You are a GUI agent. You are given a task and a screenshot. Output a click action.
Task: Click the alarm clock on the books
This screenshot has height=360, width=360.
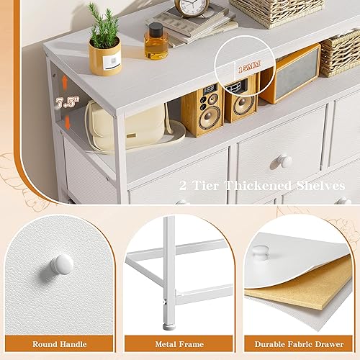point(192,8)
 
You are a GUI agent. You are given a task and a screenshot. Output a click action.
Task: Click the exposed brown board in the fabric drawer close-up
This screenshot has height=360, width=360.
point(288,295)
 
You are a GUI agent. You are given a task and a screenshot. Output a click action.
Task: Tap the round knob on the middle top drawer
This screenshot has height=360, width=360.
point(285,161)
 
